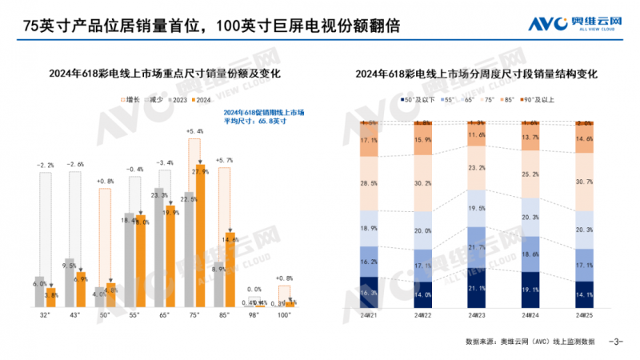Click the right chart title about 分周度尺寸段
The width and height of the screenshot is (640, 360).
click(478, 74)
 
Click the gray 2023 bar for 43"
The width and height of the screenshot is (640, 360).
click(70, 283)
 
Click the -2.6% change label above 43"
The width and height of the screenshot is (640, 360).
click(75, 164)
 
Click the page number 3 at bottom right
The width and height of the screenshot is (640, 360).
click(616, 342)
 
